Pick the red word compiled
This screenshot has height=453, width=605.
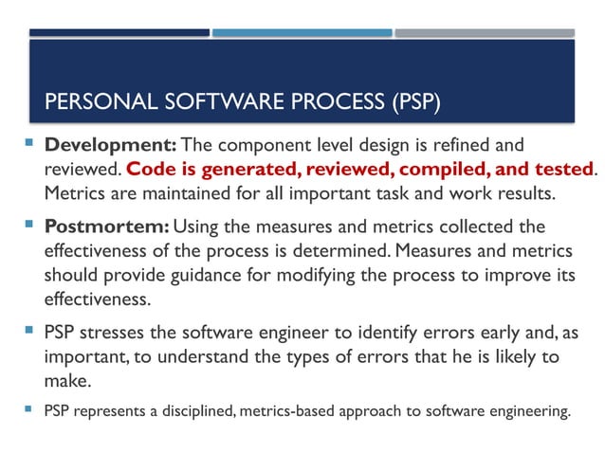449,170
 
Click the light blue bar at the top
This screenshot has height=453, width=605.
302,32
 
